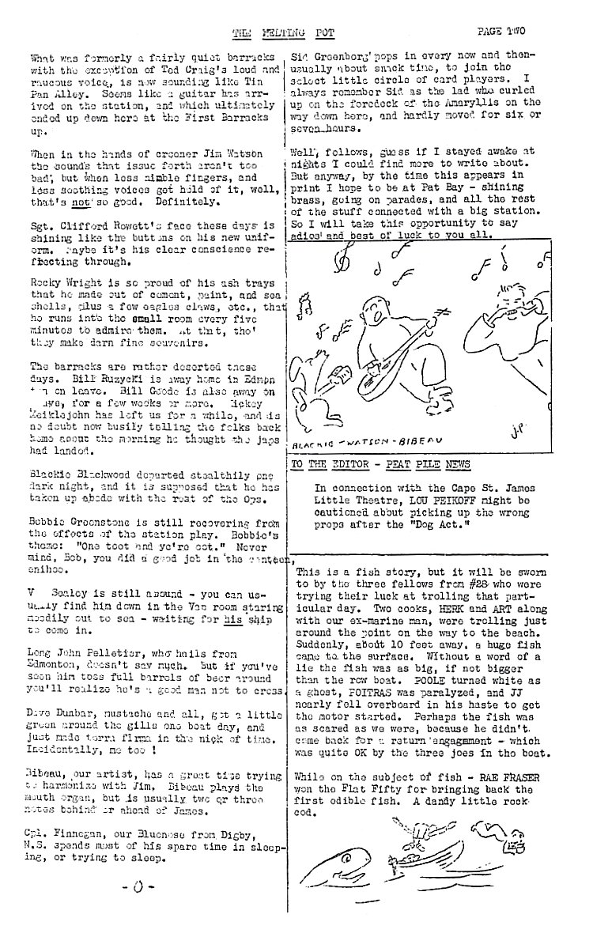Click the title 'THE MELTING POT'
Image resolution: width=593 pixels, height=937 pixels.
pos(265,32)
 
